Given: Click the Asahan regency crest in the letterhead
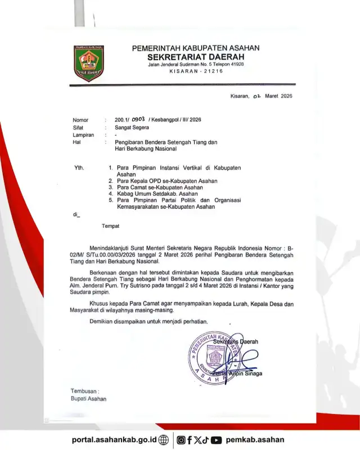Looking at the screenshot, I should coord(89,63).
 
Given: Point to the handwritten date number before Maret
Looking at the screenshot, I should coord(256,96).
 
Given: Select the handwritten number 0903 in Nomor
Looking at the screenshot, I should coord(138,119).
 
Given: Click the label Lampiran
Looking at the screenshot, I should coord(83,135).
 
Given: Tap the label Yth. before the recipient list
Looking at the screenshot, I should coord(80,168).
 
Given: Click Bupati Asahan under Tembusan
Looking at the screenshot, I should coord(88,399).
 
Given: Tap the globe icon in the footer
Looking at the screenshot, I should coord(164,440).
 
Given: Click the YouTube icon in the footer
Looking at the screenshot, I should coord(216,440).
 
